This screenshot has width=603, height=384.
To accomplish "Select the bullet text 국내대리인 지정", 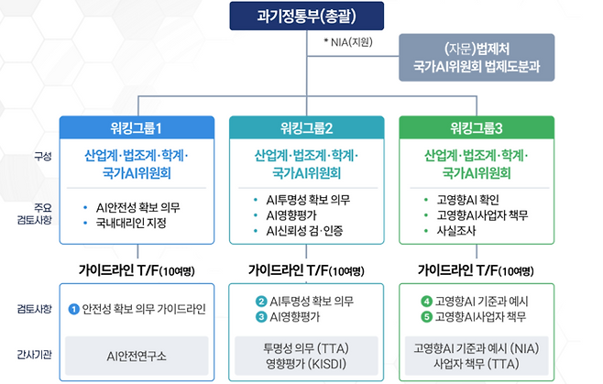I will (139, 223).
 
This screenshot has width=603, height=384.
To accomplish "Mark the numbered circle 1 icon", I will (72, 308).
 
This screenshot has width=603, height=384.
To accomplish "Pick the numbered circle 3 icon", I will (260, 316).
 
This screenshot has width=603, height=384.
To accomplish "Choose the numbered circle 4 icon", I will (426, 301).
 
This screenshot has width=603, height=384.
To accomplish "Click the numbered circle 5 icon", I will (426, 316).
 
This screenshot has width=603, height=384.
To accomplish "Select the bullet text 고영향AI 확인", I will (463, 199).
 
